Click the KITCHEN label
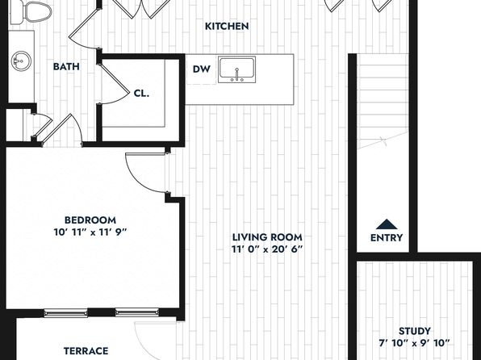click(227, 27)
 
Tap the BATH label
click(66, 67)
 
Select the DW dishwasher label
click(202, 69)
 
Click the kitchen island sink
click(236, 69)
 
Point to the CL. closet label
click(141, 94)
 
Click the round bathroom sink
click(22, 61)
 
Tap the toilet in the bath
click(31, 12)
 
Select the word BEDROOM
click(90, 220)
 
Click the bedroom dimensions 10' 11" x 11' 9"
click(90, 232)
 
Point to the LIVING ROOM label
click(267, 237)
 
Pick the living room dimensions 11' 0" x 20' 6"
click(267, 249)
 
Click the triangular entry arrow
click(387, 224)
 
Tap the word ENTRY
click(387, 238)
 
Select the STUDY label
click(415, 331)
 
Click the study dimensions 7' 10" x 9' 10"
click(415, 343)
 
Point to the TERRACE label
click(86, 351)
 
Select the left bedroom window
click(65, 313)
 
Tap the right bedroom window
click(137, 312)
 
